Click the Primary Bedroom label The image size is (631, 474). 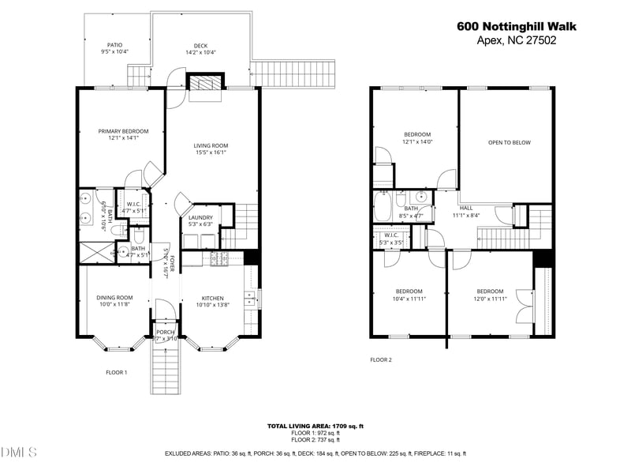click(118, 130)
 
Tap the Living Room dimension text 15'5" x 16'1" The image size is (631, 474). click(211, 152)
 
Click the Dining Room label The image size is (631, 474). click(114, 298)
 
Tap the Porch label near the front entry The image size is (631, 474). click(165, 332)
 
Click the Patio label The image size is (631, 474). click(114, 44)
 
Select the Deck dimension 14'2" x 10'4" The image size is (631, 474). click(200, 53)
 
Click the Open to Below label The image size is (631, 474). click(509, 143)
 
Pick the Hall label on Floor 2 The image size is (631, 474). click(466, 208)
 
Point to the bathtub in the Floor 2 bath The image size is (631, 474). click(383, 209)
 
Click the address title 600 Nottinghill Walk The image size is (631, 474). click(517, 26)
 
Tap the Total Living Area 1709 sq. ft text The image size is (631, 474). click(315, 426)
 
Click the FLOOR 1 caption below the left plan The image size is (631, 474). click(117, 372)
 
